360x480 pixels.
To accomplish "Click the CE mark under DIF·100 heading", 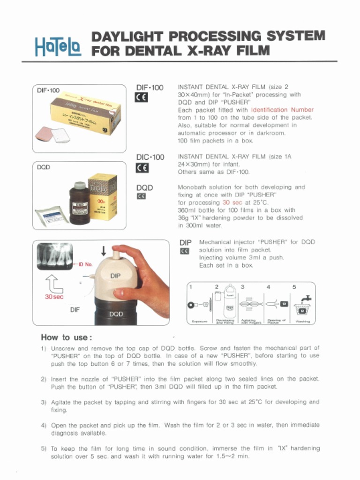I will (x=142, y=97).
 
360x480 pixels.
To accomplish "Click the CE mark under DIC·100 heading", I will (x=142, y=168).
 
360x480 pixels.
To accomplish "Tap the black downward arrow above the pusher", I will (x=104, y=251).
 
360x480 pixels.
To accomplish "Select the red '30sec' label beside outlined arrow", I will (x=54, y=297).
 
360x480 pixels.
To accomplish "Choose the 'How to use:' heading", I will (x=67, y=337).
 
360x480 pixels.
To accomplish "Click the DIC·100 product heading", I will (x=150, y=157).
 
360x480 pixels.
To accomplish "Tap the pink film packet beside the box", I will (x=45, y=134).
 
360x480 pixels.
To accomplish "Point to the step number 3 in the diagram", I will (x=242, y=286).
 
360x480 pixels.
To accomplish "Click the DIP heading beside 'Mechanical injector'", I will (x=186, y=243).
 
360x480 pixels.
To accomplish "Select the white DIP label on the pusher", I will (x=116, y=276).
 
